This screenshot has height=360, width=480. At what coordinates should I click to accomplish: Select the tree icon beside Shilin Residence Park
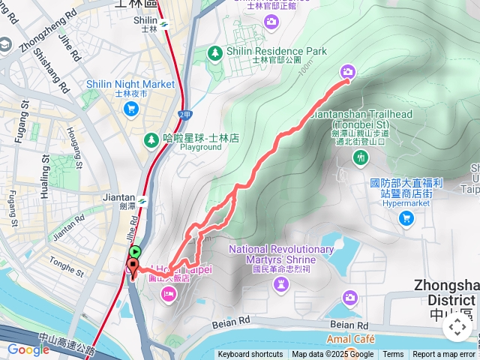tap(214, 52)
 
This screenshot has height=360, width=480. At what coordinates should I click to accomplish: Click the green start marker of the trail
tap(135, 253)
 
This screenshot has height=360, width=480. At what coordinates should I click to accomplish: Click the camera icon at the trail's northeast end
tap(347, 72)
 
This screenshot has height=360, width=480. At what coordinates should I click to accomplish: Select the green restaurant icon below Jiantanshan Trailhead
tap(361, 156)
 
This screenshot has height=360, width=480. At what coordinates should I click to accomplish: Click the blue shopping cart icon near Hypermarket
tap(406, 218)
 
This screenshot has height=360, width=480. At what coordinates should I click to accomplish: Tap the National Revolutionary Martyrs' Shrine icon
tap(280, 283)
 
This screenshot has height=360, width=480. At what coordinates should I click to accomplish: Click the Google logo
tap(28, 349)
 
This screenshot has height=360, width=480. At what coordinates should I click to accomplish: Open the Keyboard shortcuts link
tap(250, 355)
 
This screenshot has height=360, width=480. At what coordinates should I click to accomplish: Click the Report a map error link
tap(444, 355)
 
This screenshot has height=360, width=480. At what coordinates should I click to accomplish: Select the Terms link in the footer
tap(393, 355)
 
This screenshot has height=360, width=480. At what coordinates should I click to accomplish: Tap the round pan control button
tap(457, 327)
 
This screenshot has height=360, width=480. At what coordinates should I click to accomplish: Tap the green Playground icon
tap(153, 139)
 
